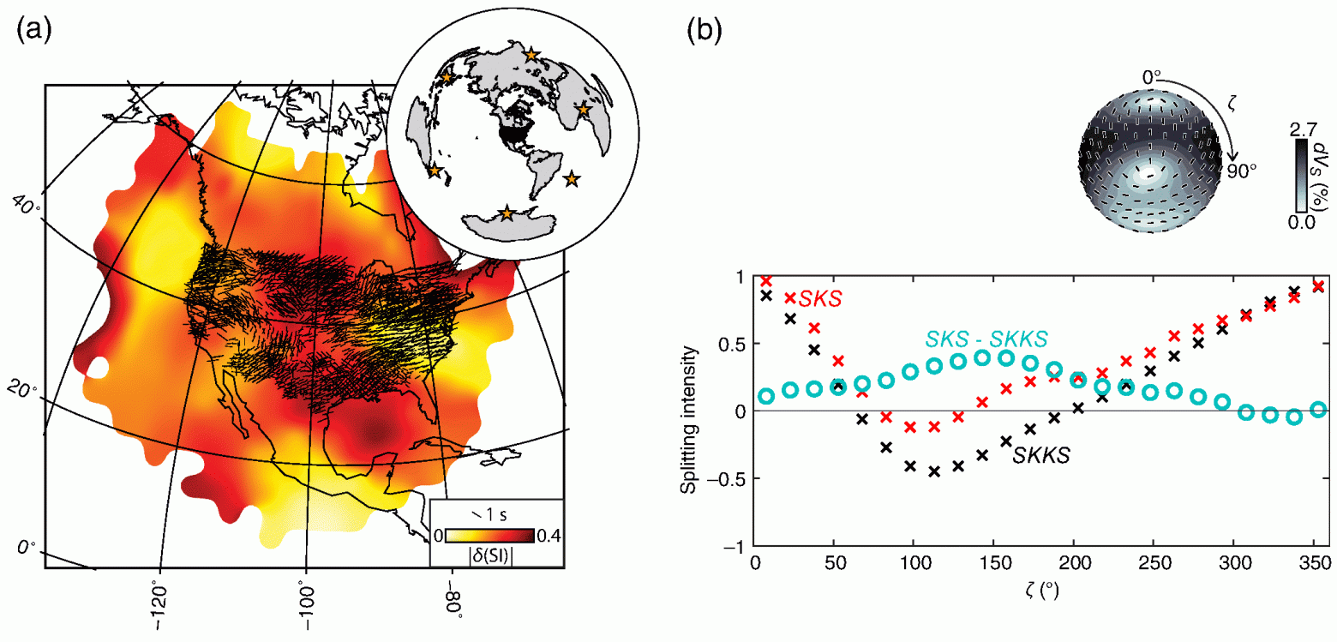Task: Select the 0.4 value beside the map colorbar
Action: point(548,537)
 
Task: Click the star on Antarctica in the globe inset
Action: point(507,213)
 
